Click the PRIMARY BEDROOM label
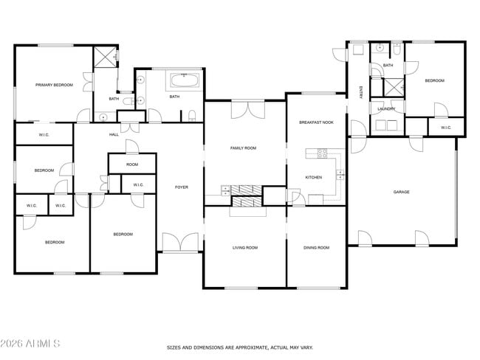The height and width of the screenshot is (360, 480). coord(54,86)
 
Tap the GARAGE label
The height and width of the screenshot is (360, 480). coord(401,192)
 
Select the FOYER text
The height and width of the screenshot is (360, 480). coord(181,187)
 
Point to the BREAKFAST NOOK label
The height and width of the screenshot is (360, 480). coord(316,122)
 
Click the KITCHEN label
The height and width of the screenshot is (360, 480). coord(313,177)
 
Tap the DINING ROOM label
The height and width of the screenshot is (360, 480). coord(316,248)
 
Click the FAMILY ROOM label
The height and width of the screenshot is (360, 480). coord(243,148)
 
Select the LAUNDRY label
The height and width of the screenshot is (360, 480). coord(386,109)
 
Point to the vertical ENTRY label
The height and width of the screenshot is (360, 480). coord(360,92)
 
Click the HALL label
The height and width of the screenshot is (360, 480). coord(114,134)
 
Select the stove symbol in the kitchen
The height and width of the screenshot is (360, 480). coord(322,153)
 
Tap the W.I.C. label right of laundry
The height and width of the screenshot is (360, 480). coord(446,128)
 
